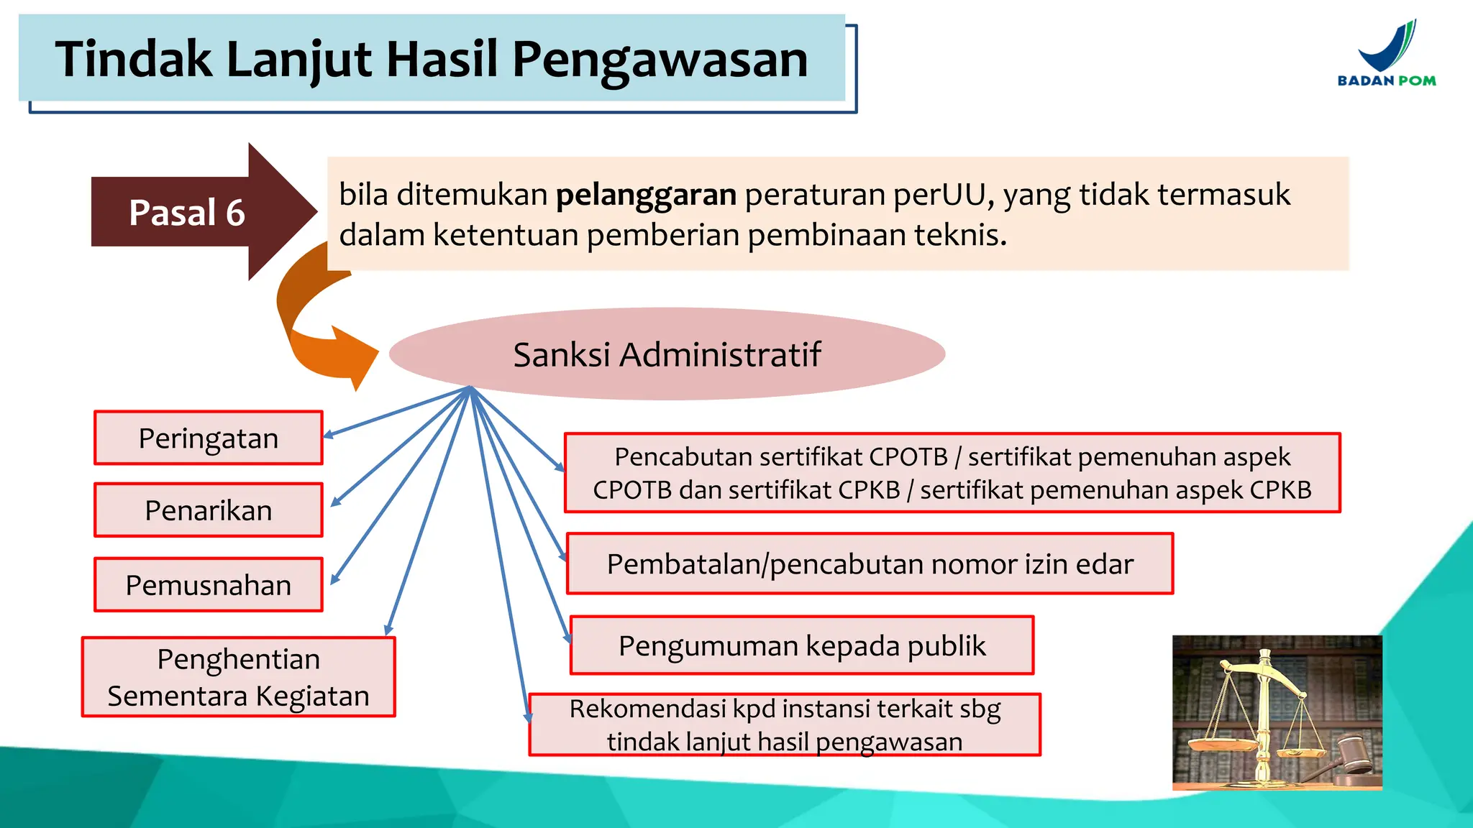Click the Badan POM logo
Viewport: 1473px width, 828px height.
[1387, 55]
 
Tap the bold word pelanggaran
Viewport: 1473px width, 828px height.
[646, 195]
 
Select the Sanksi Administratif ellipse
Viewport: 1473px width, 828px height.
[667, 354]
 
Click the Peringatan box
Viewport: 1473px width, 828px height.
[209, 438]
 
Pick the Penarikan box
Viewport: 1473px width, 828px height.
[209, 510]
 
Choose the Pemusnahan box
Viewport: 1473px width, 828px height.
[209, 585]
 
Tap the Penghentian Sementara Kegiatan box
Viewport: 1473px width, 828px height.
[239, 677]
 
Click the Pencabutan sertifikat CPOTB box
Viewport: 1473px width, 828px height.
[952, 473]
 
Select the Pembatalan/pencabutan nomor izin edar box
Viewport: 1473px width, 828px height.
[870, 564]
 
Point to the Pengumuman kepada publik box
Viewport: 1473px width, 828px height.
[802, 645]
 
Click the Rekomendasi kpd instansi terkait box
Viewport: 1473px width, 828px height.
[785, 724]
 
